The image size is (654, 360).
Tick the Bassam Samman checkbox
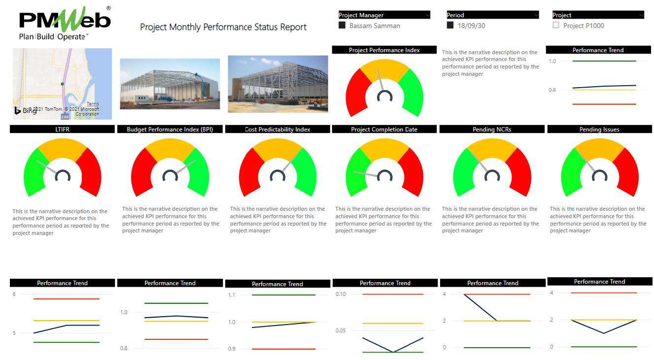342,26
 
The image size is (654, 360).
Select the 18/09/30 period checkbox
450,26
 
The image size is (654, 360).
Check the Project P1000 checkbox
556,26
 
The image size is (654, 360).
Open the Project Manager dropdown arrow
427,15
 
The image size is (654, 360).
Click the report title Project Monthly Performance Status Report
223,27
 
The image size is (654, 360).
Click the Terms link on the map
93,104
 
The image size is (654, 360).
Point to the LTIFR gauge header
62,129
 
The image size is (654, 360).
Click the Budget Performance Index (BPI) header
170,130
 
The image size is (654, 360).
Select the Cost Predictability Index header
277,130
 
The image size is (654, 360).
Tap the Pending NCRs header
492,130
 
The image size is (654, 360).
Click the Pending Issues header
599,130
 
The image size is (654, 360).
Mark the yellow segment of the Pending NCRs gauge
492,148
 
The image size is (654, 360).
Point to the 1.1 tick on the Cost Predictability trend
231,295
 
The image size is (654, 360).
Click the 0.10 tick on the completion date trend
341,294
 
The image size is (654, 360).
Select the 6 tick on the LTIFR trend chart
14,294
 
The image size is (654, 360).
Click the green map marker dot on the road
62,84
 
